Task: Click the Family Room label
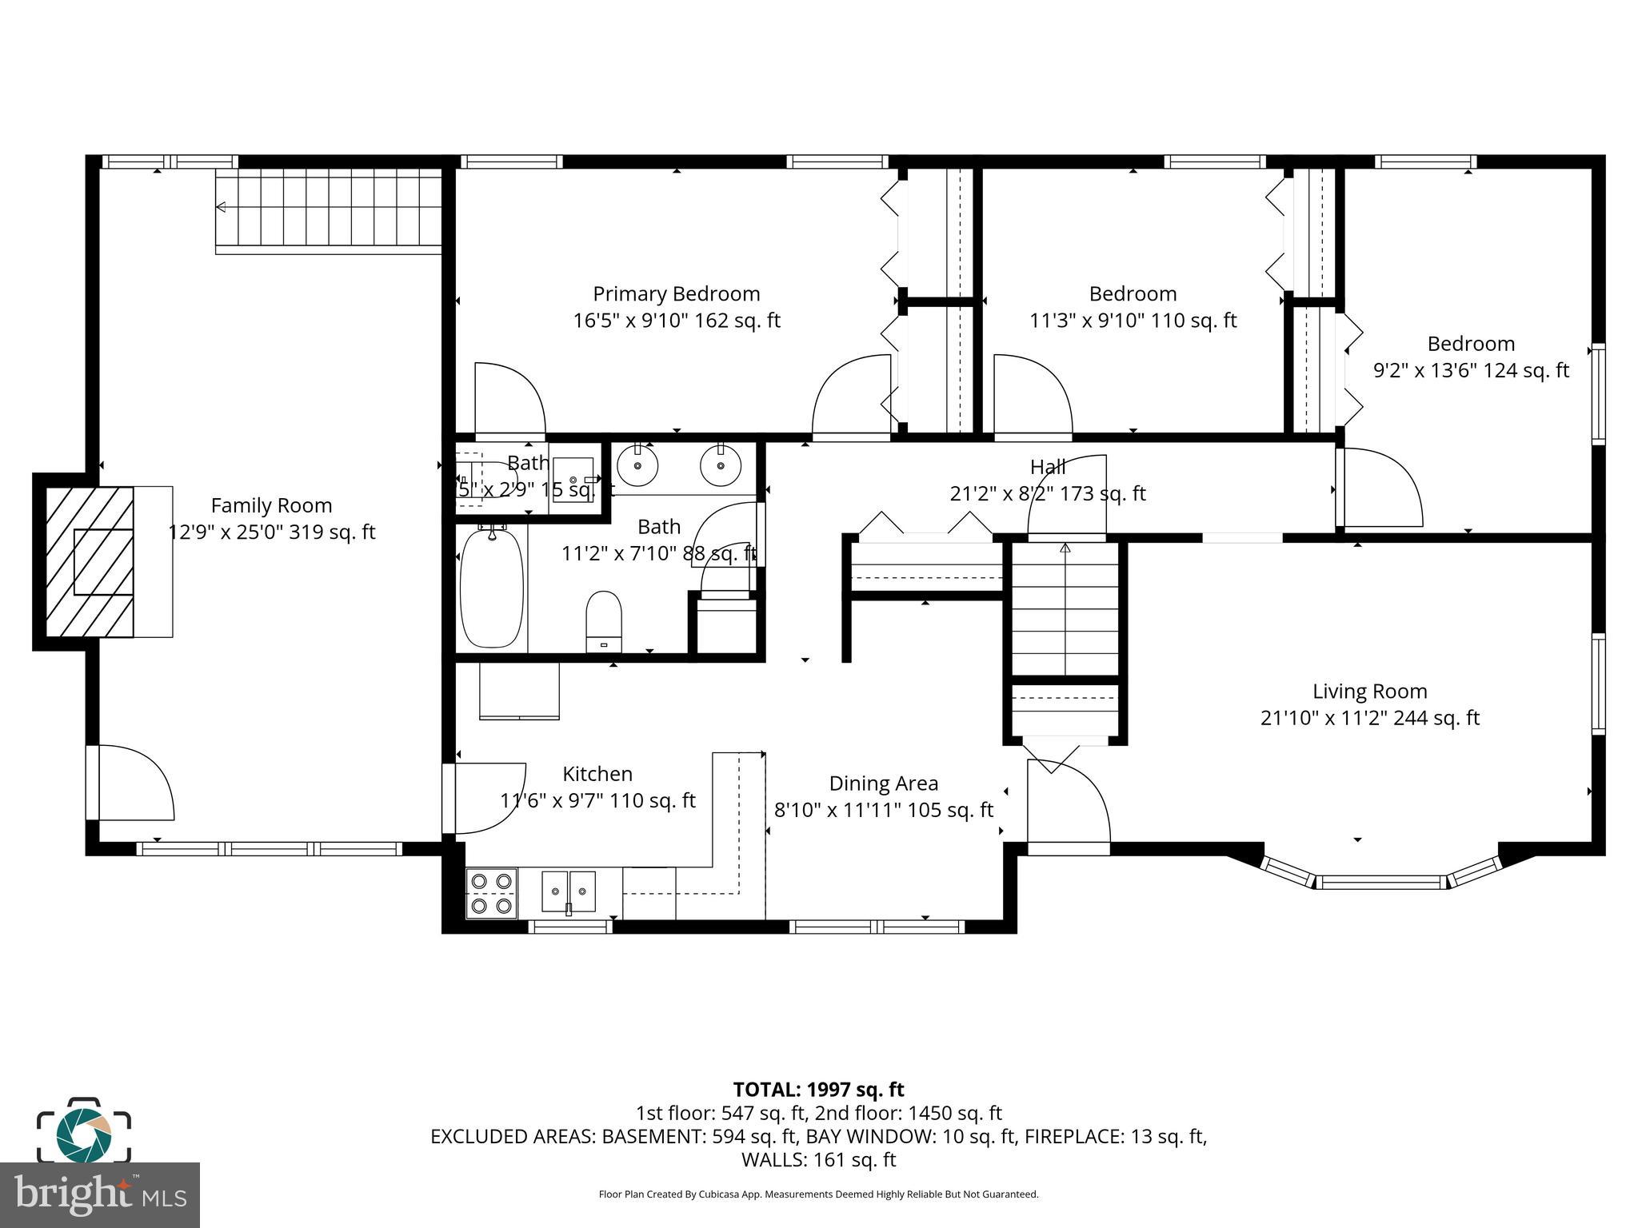(271, 505)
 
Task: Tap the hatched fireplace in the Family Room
(90, 562)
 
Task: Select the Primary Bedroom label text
(676, 294)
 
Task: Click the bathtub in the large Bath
(492, 588)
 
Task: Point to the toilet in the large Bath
(604, 620)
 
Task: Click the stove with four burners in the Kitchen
(492, 893)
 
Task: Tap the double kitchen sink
(569, 891)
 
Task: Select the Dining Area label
(883, 783)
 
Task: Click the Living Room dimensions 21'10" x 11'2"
(1369, 718)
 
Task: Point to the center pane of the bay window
(1381, 883)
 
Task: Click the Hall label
(1047, 467)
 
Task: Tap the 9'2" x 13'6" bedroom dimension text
(1470, 371)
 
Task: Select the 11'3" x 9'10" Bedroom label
(1133, 294)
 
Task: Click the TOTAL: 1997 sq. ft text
(818, 1090)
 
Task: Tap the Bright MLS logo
(100, 1195)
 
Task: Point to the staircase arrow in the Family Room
(222, 208)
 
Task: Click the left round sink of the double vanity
(638, 465)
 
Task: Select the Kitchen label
(597, 774)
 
